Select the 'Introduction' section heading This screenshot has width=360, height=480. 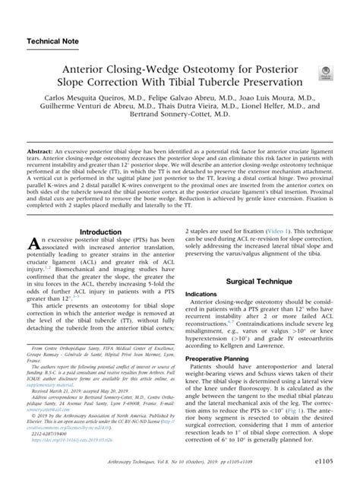tap(101, 232)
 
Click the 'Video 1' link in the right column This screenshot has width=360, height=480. tap(277, 229)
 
